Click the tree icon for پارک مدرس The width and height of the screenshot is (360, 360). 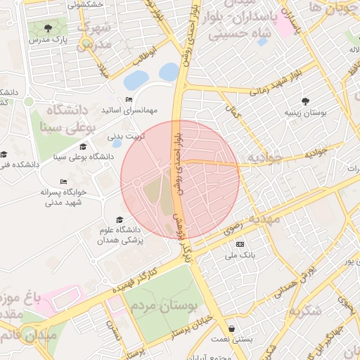pos(48,29)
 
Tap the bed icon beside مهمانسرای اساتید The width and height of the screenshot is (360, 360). pos(128,100)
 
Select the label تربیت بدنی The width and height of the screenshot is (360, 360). pos(123,134)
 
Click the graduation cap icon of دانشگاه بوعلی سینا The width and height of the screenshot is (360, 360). pos(83,147)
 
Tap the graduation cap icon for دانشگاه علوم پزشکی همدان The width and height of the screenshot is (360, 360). pos(119,219)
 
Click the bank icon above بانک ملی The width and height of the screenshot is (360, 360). pos(240,244)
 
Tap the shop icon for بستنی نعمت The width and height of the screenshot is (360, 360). pos(232,328)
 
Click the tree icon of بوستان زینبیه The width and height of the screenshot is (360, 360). pos(304,101)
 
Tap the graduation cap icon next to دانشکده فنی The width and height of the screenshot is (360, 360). pos(4,154)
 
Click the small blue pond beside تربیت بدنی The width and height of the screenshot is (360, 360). pos(117,143)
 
